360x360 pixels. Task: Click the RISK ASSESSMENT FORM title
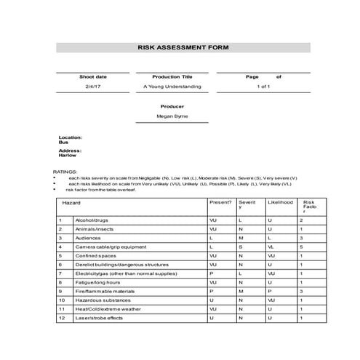pyautogui.click(x=183, y=47)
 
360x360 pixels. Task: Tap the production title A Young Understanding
pyautogui.click(x=172, y=87)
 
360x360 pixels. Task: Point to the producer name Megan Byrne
pyautogui.click(x=172, y=116)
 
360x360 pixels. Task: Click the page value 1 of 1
pyautogui.click(x=263, y=87)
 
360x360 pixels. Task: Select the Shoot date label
pyautogui.click(x=93, y=76)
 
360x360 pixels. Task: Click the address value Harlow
pyautogui.click(x=67, y=155)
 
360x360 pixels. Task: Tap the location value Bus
pyautogui.click(x=63, y=143)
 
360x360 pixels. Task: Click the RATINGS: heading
pyautogui.click(x=64, y=172)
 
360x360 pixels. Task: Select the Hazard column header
pyautogui.click(x=71, y=203)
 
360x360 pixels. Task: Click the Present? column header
pyautogui.click(x=220, y=203)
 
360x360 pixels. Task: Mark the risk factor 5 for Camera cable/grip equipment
pyautogui.click(x=301, y=247)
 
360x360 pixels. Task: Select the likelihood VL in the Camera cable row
pyautogui.click(x=270, y=247)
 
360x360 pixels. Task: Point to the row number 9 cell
pyautogui.click(x=61, y=291)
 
